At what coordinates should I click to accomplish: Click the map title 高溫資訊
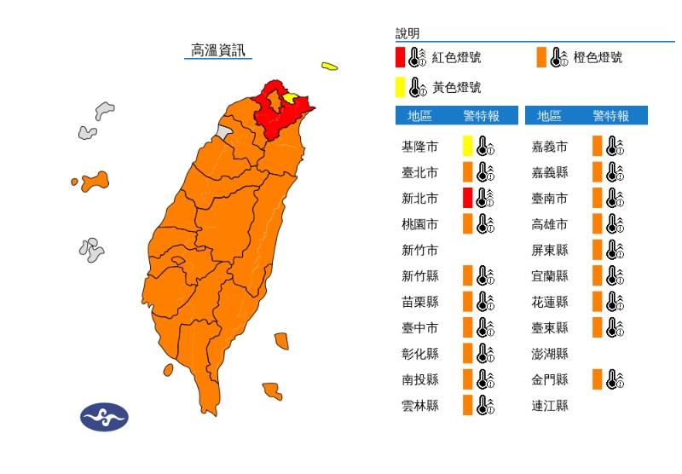[x=218, y=50]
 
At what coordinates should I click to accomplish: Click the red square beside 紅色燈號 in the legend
[x=400, y=57]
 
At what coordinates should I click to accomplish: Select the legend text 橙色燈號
[x=598, y=57]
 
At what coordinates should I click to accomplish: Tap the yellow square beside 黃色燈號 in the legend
[x=400, y=87]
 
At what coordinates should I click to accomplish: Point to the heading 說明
[x=407, y=33]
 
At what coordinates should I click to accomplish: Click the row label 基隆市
[x=420, y=147]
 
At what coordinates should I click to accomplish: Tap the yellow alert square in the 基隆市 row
[x=467, y=146]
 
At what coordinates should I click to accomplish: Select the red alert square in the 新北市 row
[x=467, y=198]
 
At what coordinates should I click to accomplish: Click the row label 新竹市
[x=420, y=250]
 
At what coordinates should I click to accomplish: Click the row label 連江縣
[x=550, y=406]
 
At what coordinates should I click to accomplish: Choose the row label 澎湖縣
[x=550, y=354]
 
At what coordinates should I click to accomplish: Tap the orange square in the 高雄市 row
[x=598, y=224]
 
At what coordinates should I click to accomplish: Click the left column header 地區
[x=419, y=116]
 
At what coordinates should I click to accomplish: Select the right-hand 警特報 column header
[x=610, y=116]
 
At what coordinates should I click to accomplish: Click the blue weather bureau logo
[x=104, y=417]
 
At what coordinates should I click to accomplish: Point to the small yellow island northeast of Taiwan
[x=329, y=66]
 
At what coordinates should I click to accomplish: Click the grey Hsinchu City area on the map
[x=223, y=132]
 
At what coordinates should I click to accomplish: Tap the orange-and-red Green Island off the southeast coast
[x=281, y=339]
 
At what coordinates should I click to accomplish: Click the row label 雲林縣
[x=420, y=406]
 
